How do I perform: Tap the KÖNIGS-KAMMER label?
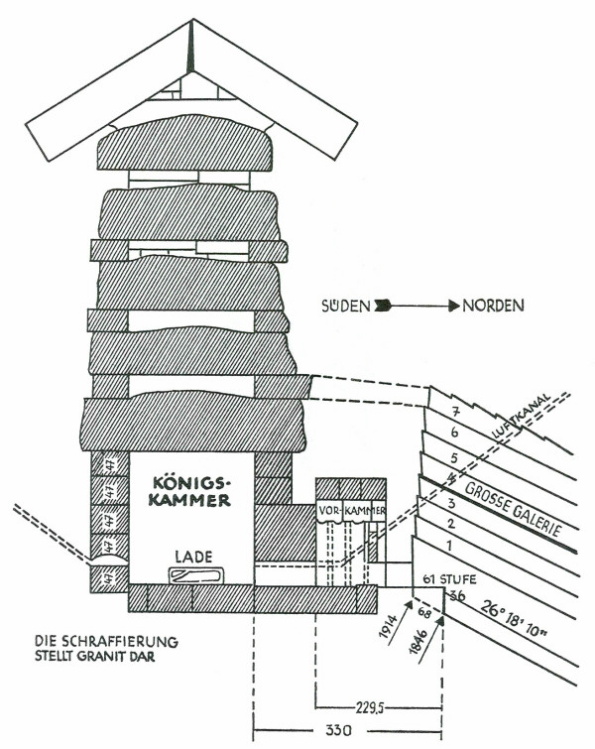point(191,491)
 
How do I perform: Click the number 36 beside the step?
point(457,596)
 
